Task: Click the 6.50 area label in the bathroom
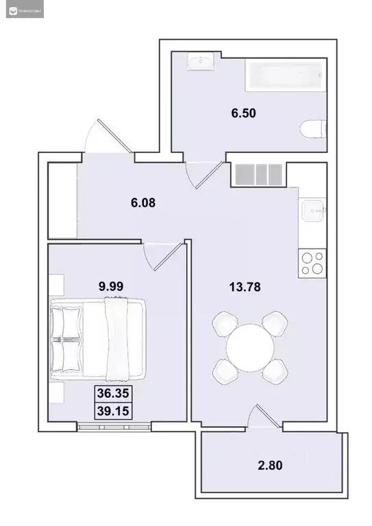pyautogui.click(x=243, y=113)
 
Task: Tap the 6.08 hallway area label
pyautogui.click(x=143, y=202)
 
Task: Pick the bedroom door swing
pyautogui.click(x=165, y=257)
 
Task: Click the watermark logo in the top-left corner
pyautogui.click(x=10, y=12)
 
